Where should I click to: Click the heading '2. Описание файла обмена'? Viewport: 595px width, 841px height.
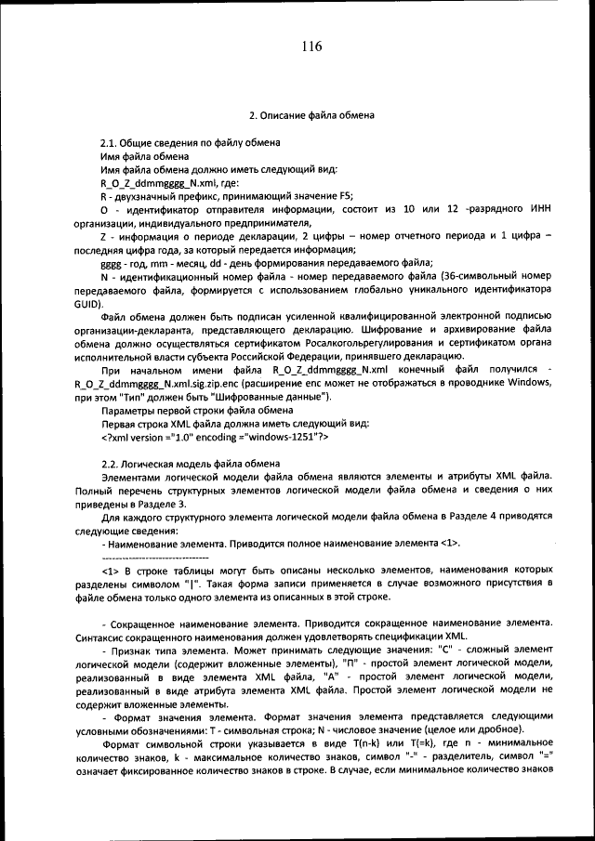311,116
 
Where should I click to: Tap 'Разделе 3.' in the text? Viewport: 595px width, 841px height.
133,503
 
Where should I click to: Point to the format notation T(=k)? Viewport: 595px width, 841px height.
412,744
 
